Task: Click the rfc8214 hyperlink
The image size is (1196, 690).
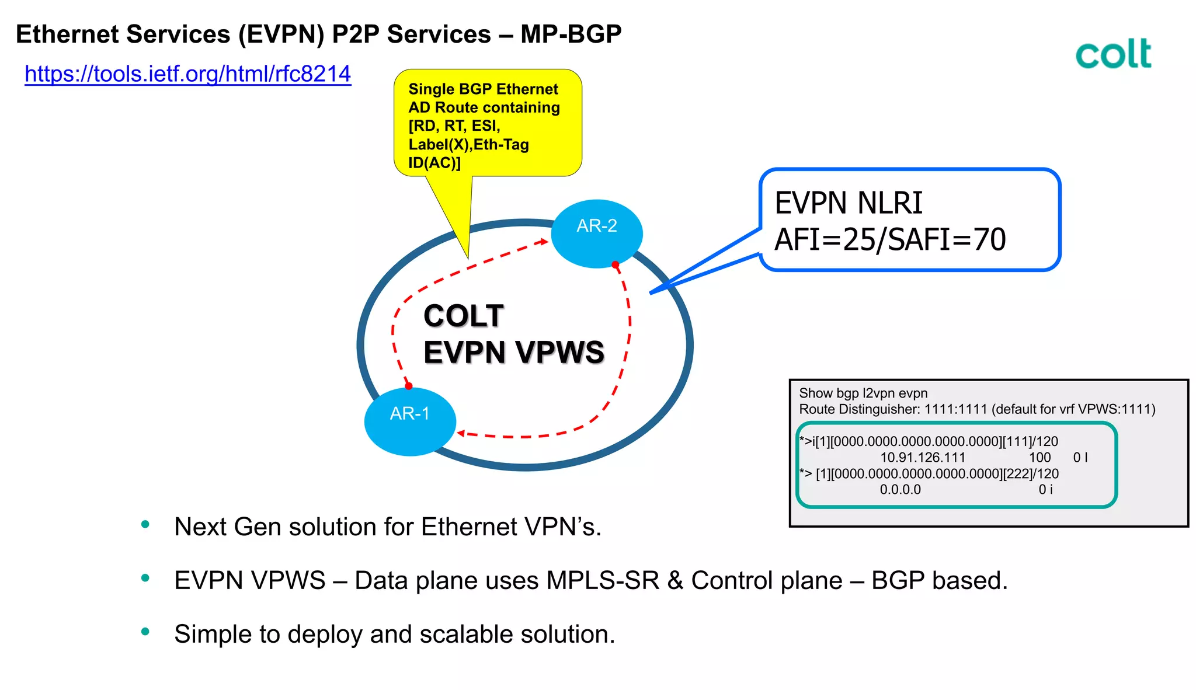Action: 187,74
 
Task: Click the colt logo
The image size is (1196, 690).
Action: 1113,54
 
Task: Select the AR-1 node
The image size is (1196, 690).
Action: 409,421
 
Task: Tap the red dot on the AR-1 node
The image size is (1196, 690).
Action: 409,386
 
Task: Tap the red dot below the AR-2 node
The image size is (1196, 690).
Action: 615,265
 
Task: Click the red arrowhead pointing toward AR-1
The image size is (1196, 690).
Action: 461,433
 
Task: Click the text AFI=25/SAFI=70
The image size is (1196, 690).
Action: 889,239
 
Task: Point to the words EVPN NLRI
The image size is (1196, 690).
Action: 848,203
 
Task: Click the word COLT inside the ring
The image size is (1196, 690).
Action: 463,316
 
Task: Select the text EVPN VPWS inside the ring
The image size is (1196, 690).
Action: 513,353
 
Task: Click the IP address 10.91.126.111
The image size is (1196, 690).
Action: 922,458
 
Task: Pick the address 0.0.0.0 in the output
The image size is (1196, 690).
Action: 900,490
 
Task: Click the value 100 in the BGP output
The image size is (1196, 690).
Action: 1039,458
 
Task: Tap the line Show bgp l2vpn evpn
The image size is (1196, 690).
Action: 863,393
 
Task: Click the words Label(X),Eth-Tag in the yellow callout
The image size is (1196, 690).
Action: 468,144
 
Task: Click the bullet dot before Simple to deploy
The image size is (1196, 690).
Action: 145,632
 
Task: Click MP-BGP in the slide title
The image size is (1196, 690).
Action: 571,34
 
